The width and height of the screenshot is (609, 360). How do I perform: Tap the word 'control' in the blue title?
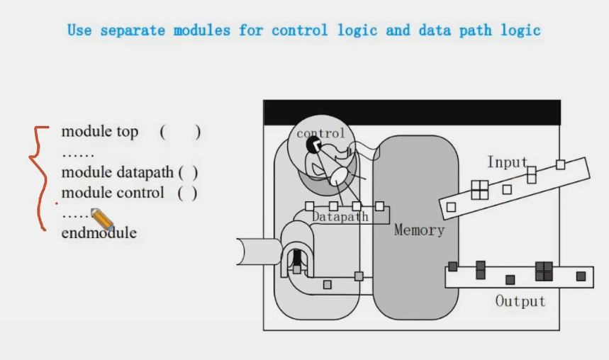(x=300, y=30)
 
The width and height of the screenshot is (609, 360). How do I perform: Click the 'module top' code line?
(x=100, y=132)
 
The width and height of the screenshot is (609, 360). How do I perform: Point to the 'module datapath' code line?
(x=118, y=172)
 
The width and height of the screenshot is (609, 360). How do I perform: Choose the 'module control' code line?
(x=113, y=193)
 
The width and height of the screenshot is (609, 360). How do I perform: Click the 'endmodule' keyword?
(x=99, y=232)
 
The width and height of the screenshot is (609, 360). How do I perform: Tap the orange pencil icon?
(x=101, y=220)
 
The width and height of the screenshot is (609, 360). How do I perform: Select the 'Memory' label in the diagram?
(x=419, y=230)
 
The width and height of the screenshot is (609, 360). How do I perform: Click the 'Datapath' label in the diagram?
(x=340, y=217)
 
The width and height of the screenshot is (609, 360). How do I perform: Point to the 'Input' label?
(x=507, y=162)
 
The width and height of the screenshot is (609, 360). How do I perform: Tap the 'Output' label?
(x=520, y=301)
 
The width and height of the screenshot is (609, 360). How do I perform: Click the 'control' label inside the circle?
(x=320, y=133)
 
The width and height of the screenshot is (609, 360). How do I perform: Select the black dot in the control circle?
(x=313, y=145)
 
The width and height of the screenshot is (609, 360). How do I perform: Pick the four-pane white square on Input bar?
(x=480, y=190)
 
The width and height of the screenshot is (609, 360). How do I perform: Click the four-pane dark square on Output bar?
(x=544, y=271)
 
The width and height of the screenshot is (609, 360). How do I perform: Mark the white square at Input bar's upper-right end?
(x=560, y=164)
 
